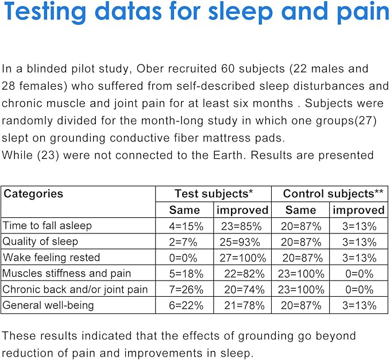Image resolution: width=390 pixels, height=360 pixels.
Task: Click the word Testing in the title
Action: [x=45, y=12]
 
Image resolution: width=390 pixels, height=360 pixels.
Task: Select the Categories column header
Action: [x=33, y=194]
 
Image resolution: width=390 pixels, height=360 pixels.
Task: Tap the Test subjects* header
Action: [x=214, y=194]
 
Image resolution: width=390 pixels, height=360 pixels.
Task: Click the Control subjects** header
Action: [x=333, y=194]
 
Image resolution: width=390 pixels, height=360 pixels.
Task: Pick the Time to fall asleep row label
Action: [x=47, y=225]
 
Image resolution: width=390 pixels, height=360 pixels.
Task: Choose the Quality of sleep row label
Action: [x=40, y=242]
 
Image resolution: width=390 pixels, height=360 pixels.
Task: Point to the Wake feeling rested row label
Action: [x=51, y=258]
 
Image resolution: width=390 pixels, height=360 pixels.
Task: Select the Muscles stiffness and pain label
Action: [x=67, y=273]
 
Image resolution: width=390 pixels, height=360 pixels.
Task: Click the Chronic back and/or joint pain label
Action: [x=75, y=289]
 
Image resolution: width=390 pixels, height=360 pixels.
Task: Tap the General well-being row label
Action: [x=48, y=305]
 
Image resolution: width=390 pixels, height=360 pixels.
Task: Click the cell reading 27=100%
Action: [x=243, y=258]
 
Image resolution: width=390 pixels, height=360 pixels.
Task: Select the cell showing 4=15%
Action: [x=186, y=227]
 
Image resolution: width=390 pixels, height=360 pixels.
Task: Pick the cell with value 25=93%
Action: [x=240, y=242]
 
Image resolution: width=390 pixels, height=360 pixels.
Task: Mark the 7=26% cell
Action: [x=186, y=289]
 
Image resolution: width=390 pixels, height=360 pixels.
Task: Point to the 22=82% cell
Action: [x=244, y=274]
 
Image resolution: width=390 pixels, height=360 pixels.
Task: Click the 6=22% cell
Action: [x=186, y=305]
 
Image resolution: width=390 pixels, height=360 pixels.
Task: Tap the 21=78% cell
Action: [x=244, y=305]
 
